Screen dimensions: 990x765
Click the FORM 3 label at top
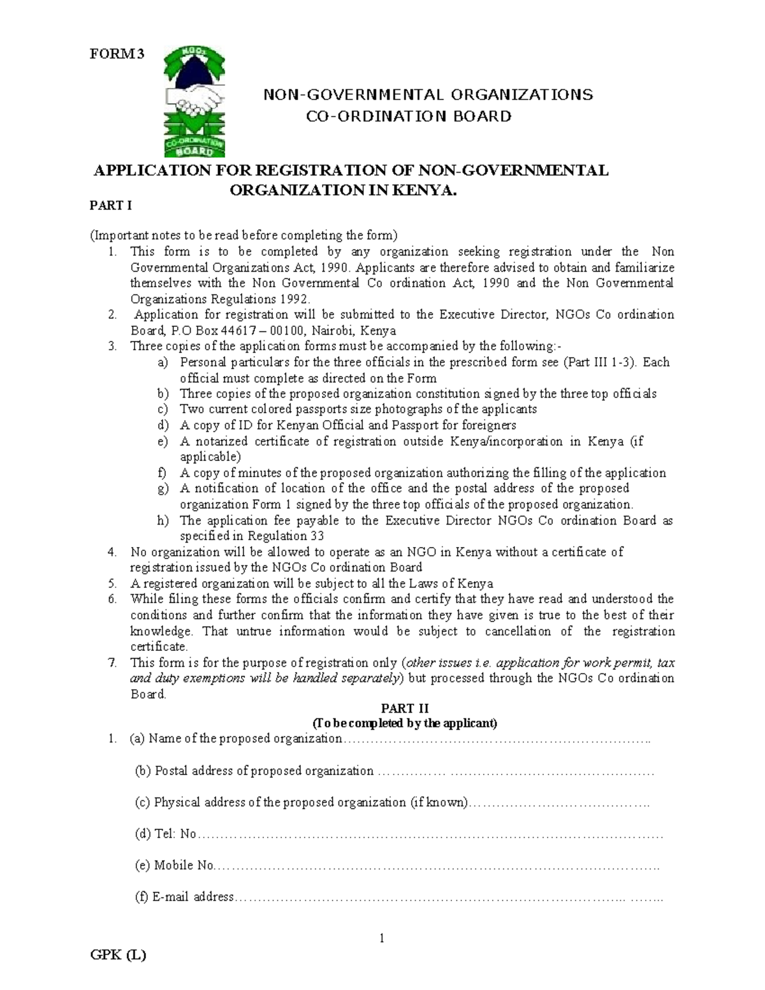point(117,54)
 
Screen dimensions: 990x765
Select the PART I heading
point(110,205)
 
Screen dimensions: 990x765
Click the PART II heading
point(405,708)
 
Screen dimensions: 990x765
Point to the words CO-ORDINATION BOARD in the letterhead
point(409,116)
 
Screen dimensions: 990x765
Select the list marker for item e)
point(163,441)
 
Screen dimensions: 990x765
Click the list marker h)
point(163,520)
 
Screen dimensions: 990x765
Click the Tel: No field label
point(166,834)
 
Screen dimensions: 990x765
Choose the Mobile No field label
point(174,865)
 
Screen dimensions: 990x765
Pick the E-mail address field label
point(184,897)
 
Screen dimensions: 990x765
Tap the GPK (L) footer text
point(118,955)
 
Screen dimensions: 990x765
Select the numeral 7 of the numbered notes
point(112,662)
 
